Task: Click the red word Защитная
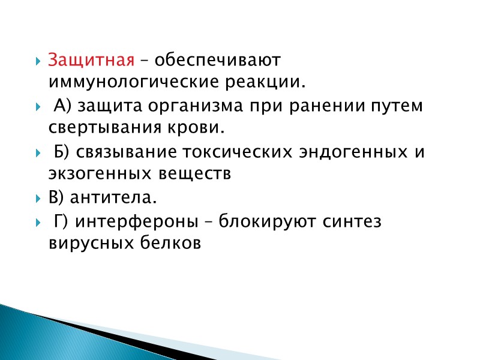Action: pyautogui.click(x=90, y=62)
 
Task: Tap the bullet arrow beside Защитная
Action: pyautogui.click(x=37, y=62)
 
